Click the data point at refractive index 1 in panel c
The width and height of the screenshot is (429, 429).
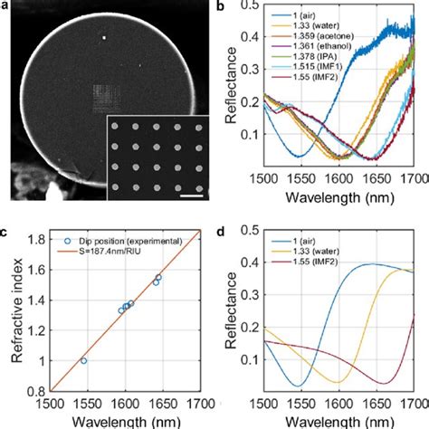tap(83, 360)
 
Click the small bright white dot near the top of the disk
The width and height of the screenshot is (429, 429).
tap(105, 38)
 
